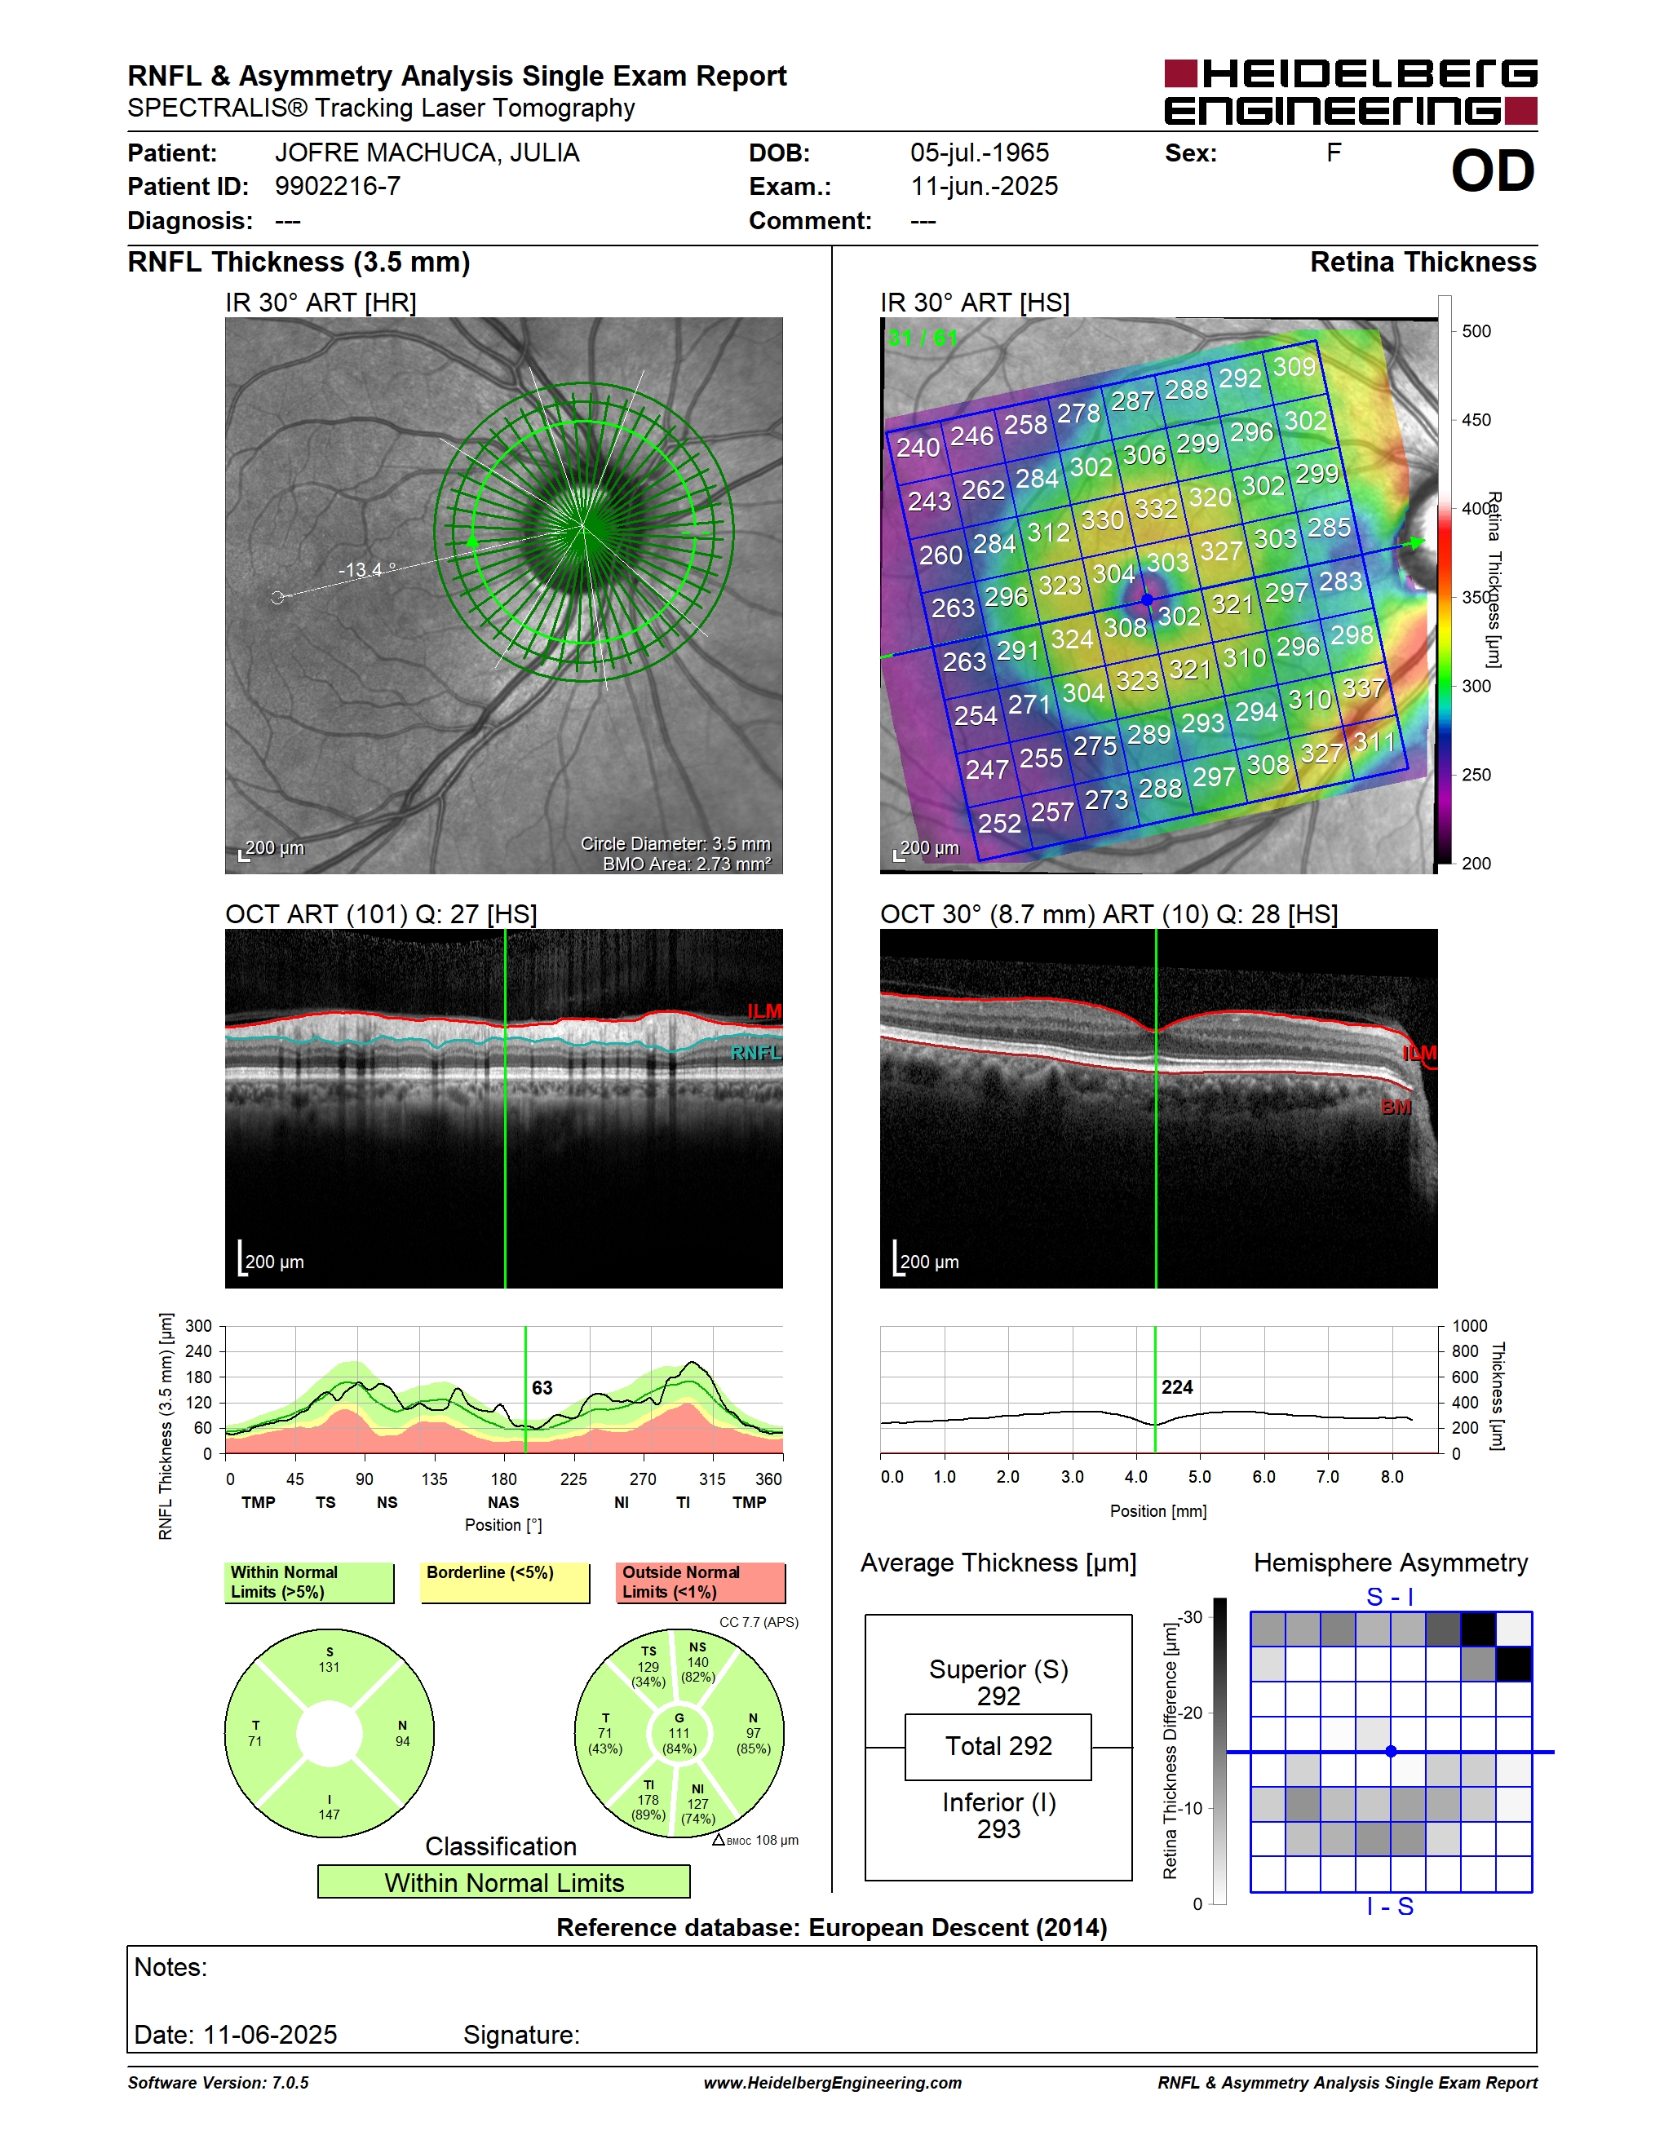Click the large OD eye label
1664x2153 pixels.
point(1493,170)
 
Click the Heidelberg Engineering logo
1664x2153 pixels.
point(1351,91)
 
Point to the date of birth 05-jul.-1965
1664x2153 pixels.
point(979,153)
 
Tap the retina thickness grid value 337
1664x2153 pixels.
point(1362,687)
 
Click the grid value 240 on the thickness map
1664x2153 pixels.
point(917,447)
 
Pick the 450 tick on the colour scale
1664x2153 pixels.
point(1476,420)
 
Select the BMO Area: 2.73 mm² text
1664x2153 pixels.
point(687,864)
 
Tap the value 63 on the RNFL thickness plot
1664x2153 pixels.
point(542,1388)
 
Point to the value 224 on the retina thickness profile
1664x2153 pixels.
point(1177,1387)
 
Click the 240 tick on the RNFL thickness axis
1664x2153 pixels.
point(199,1351)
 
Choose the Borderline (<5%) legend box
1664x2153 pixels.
point(505,1582)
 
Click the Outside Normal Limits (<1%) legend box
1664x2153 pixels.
point(701,1582)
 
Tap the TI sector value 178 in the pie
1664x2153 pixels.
point(648,1799)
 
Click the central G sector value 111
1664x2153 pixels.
point(679,1733)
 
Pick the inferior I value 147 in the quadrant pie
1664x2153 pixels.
point(330,1814)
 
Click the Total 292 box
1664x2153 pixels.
point(998,1747)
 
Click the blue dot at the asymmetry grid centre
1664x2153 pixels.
point(1391,1752)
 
